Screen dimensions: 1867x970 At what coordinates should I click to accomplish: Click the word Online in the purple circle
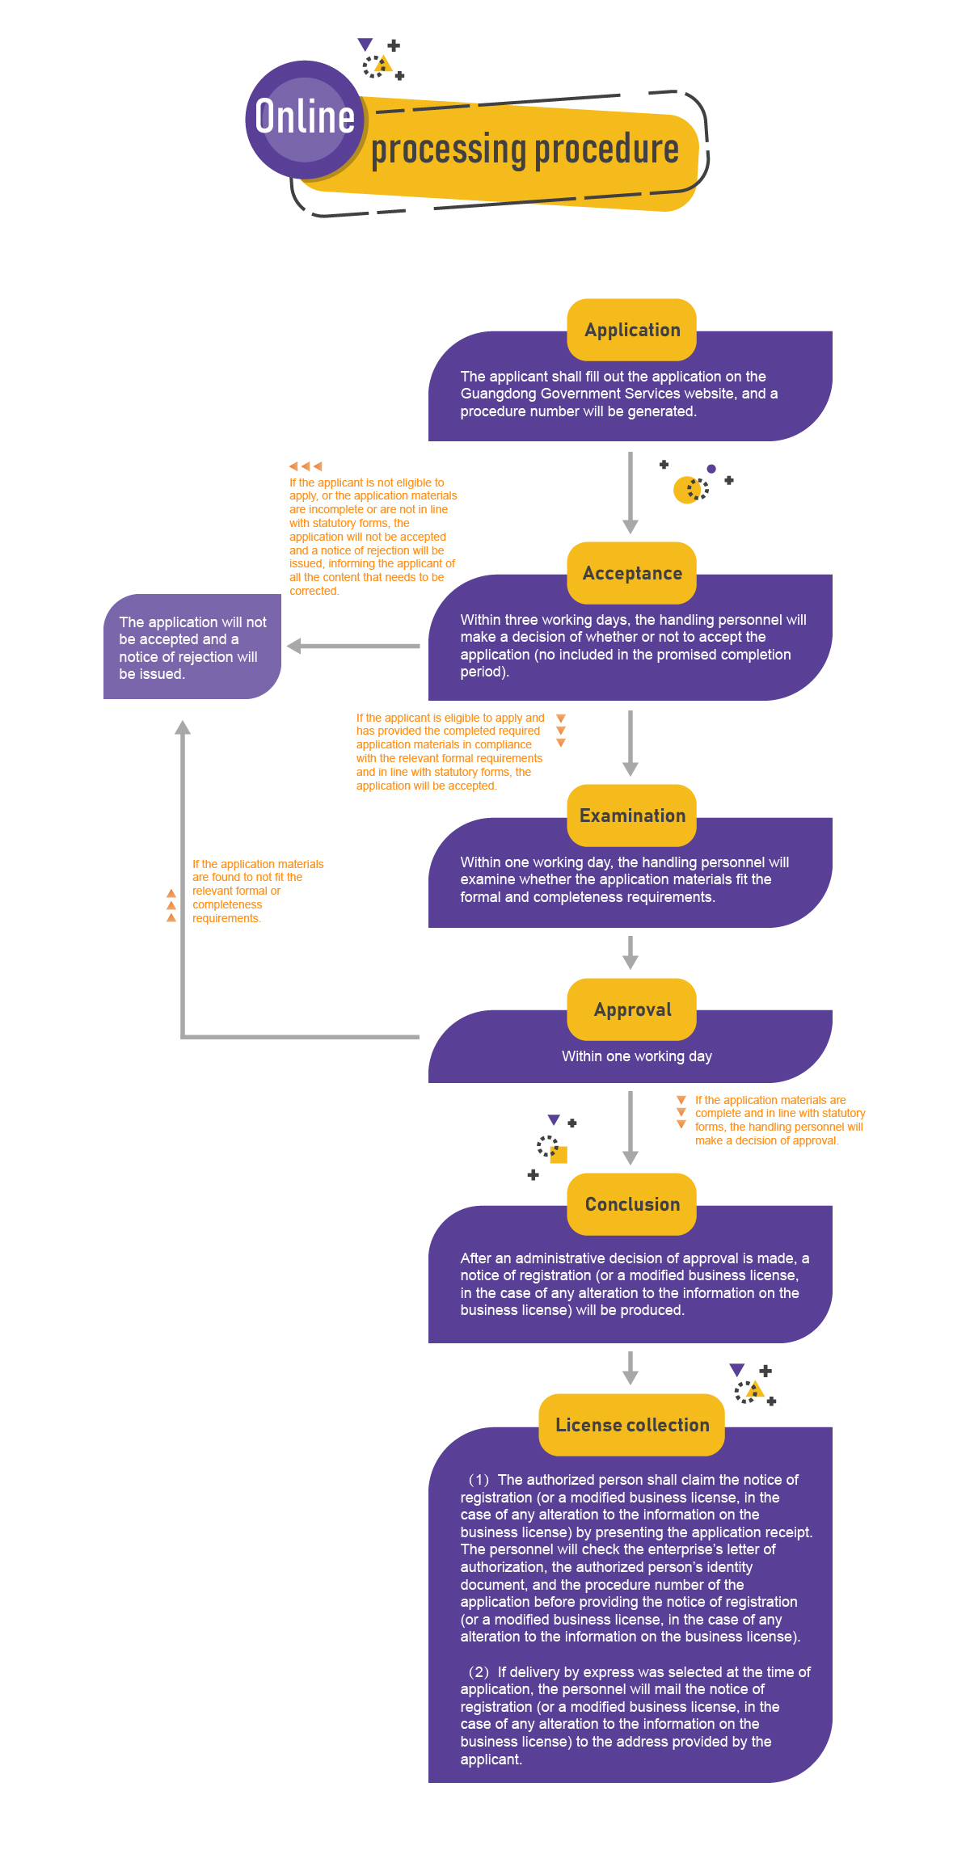click(305, 117)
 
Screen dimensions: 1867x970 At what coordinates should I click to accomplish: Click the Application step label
click(632, 330)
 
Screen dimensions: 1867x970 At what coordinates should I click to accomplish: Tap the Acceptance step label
click(632, 573)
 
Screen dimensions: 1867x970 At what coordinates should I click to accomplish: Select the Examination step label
click(632, 815)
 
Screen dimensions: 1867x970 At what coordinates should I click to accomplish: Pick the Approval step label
click(632, 1009)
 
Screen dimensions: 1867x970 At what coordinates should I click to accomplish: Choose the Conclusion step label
click(632, 1204)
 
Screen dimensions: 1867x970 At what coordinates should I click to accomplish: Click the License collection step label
click(632, 1425)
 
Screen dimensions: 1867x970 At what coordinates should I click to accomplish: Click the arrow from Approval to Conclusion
click(630, 1127)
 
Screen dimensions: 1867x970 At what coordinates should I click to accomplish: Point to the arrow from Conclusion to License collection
click(630, 1368)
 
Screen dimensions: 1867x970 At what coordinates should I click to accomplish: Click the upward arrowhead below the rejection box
click(183, 727)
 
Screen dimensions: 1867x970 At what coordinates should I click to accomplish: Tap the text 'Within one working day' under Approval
click(637, 1056)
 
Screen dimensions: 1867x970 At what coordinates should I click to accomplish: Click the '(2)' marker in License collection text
click(479, 1672)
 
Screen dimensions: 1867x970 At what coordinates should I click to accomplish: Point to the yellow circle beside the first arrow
click(685, 490)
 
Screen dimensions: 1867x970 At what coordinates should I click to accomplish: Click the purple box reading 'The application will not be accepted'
click(192, 647)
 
